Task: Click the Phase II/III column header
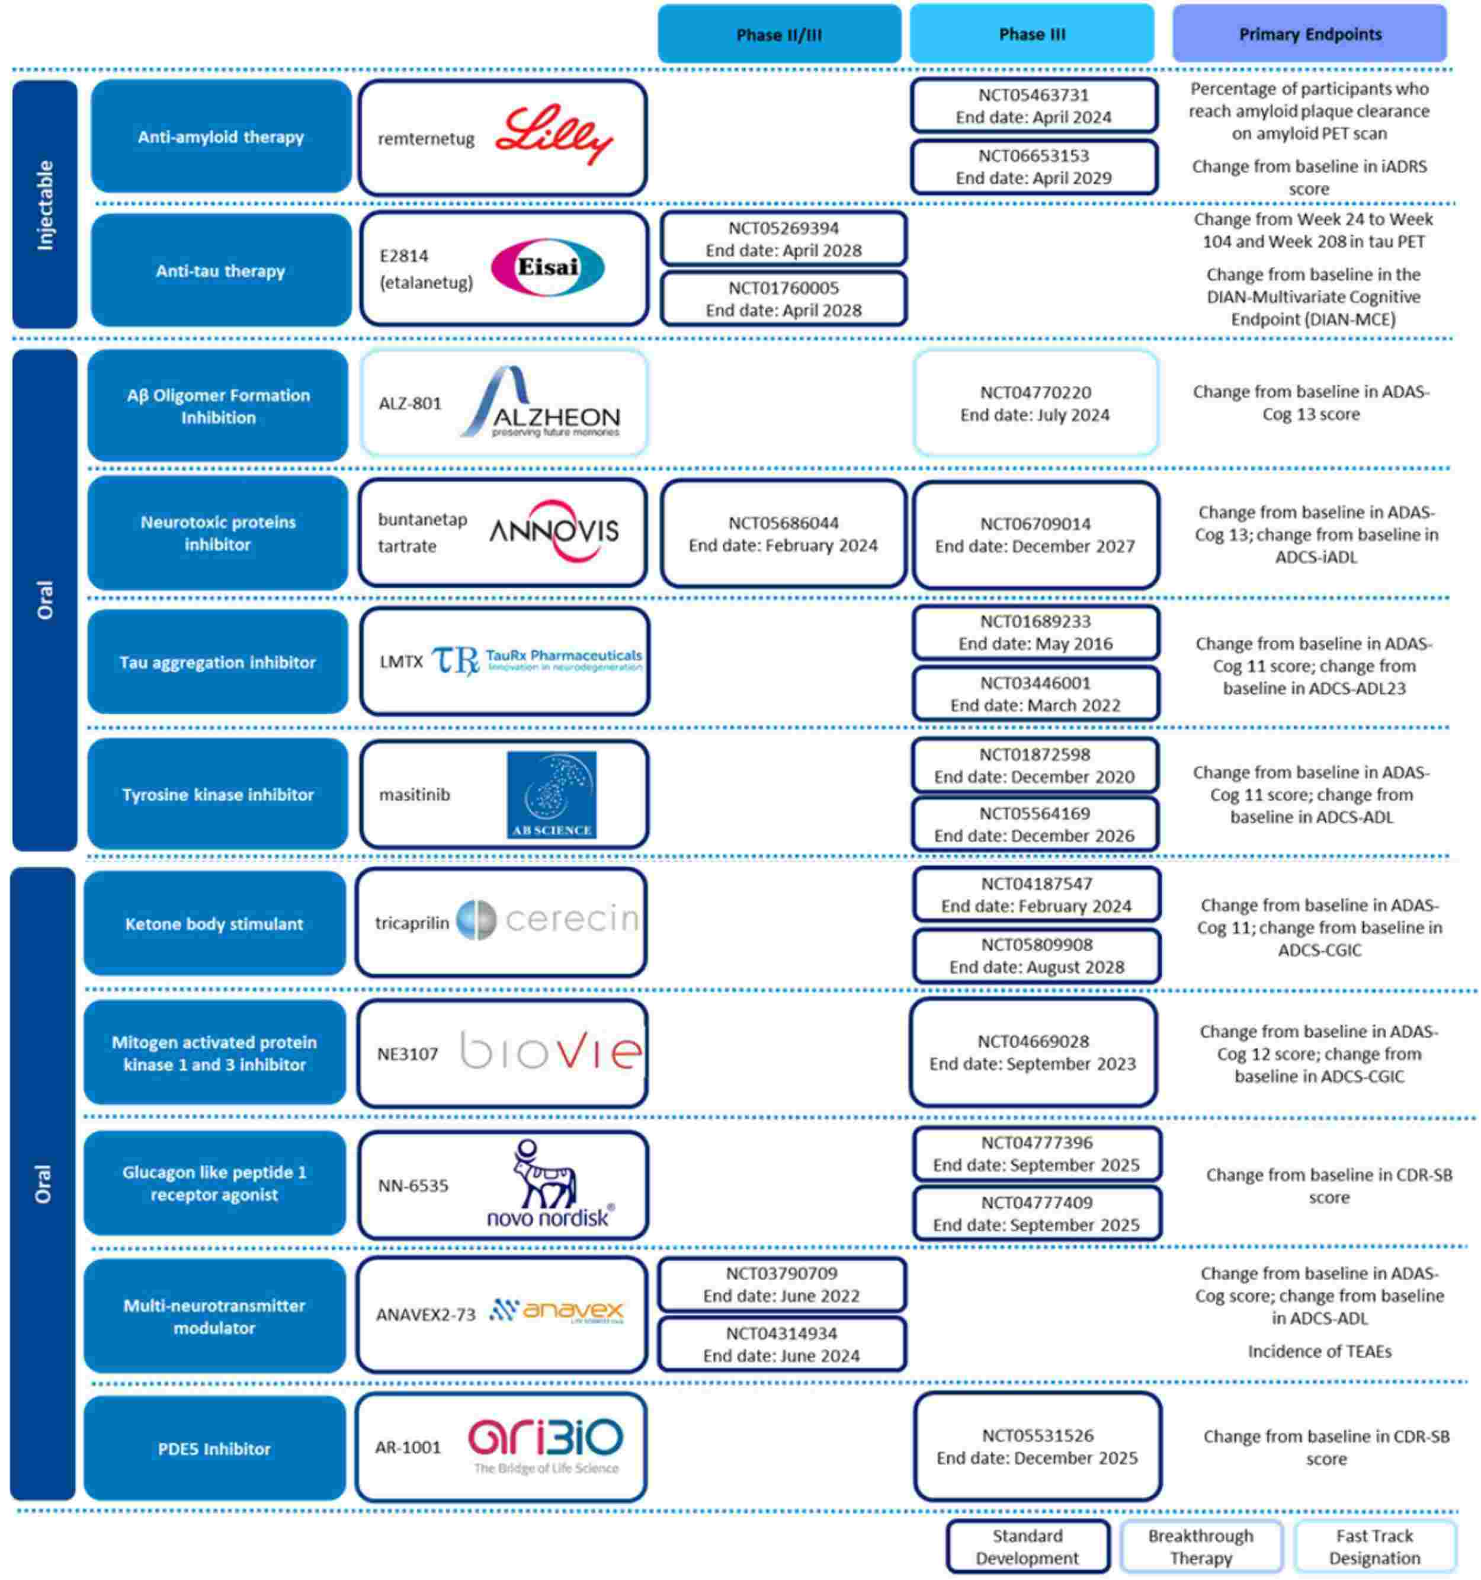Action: [x=778, y=34]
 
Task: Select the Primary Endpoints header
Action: [x=1309, y=34]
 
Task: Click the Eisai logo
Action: [x=547, y=267]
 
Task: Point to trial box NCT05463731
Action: [x=1033, y=105]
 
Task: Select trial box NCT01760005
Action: [x=783, y=299]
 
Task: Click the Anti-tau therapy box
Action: [x=220, y=271]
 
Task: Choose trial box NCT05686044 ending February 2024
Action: [x=783, y=533]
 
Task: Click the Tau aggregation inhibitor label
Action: [x=217, y=662]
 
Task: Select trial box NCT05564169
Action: [x=1034, y=824]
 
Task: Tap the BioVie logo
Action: [x=550, y=1051]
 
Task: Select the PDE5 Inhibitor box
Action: [x=214, y=1448]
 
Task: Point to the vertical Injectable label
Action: [x=44, y=205]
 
